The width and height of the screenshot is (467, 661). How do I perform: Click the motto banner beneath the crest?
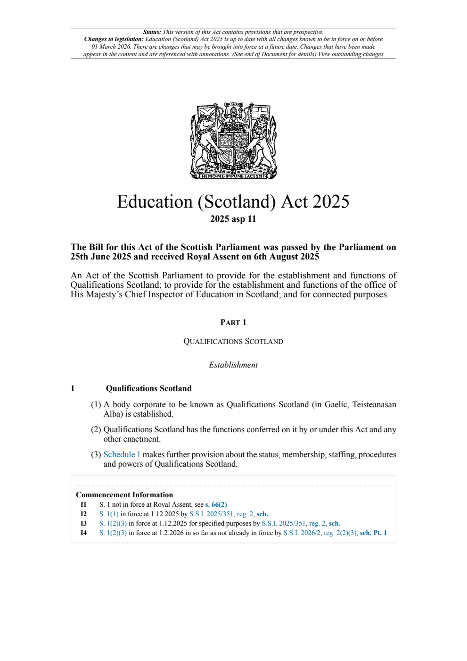point(233,176)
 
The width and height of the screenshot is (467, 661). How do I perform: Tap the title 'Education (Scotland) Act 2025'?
point(233,201)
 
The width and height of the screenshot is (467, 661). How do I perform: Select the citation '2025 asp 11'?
point(233,219)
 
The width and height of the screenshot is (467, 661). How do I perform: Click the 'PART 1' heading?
point(233,322)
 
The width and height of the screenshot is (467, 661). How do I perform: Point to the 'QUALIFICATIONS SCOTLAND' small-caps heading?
point(233,341)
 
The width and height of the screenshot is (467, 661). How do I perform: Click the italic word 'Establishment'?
point(233,365)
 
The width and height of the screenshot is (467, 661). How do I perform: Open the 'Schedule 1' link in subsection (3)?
point(122,454)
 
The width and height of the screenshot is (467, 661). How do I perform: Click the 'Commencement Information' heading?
point(124,494)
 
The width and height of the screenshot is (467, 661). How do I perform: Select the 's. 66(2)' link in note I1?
point(216,504)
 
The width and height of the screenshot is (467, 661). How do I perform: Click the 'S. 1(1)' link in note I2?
point(109,514)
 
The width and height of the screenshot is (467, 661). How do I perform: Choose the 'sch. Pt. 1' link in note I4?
point(373,533)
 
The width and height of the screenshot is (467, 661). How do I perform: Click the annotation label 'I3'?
point(83,523)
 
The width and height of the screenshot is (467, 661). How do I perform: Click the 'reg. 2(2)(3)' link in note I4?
point(340,533)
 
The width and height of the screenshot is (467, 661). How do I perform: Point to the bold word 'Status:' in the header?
point(152,32)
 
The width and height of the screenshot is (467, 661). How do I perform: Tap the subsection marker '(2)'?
point(96,429)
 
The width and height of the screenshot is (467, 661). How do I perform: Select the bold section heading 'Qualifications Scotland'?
point(148,388)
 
